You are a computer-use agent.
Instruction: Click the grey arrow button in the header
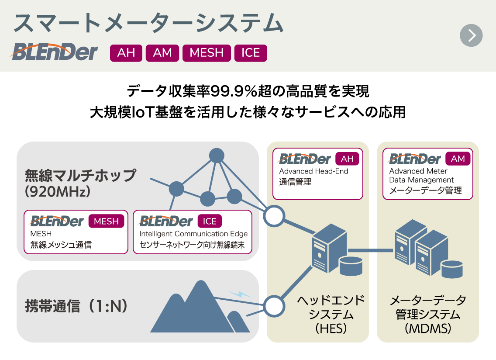(x=471, y=35)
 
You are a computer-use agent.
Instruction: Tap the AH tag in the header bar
(x=126, y=53)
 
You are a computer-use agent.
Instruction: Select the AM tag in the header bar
(x=162, y=53)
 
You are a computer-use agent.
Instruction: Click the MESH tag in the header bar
(x=207, y=53)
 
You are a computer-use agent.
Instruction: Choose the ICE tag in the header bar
(x=251, y=53)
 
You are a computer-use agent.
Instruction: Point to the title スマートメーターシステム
(x=148, y=23)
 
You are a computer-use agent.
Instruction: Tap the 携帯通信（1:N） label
(x=77, y=306)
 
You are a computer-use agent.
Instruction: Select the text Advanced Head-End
(x=313, y=171)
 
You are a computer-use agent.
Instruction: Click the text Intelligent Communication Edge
(x=193, y=234)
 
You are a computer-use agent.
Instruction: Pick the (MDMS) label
(x=427, y=329)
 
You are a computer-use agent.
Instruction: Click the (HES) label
(x=331, y=329)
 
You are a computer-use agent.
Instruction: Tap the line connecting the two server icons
(x=371, y=250)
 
